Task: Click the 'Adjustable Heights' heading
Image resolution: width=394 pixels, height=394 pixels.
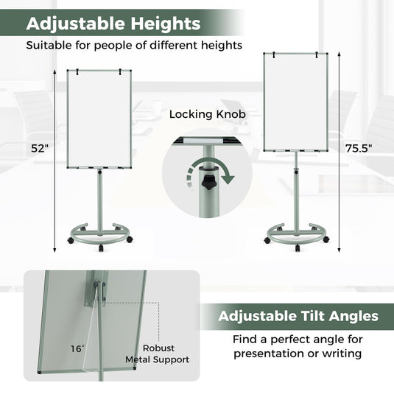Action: point(113,24)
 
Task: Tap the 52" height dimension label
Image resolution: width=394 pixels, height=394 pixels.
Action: point(41,148)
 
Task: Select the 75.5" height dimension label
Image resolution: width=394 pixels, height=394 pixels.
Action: point(359,147)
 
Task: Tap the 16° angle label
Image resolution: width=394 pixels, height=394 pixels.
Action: point(78,348)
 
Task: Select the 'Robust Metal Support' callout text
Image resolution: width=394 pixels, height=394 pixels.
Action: point(157,353)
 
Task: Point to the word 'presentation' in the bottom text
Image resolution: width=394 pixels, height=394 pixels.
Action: point(269,353)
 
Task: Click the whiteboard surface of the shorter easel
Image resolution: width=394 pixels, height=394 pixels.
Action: point(98,119)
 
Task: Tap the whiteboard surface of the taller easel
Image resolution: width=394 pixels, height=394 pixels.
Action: point(294,102)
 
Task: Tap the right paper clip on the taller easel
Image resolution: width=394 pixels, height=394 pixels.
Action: point(318,53)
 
